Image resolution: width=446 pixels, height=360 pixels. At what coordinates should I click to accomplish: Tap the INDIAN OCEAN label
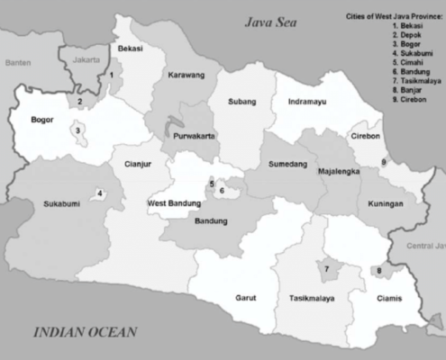pyautogui.click(x=86, y=332)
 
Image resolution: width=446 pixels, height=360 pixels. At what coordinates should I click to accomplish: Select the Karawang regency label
pyautogui.click(x=187, y=75)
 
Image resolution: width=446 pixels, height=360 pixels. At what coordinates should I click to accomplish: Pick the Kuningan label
pyautogui.click(x=386, y=205)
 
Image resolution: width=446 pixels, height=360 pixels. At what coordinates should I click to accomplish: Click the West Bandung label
pyautogui.click(x=173, y=203)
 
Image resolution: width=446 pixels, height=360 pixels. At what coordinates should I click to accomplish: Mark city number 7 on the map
pyautogui.click(x=324, y=268)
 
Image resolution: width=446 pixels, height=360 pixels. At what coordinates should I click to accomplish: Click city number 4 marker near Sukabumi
pyautogui.click(x=100, y=193)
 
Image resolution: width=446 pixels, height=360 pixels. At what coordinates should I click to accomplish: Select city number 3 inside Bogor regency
pyautogui.click(x=78, y=130)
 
